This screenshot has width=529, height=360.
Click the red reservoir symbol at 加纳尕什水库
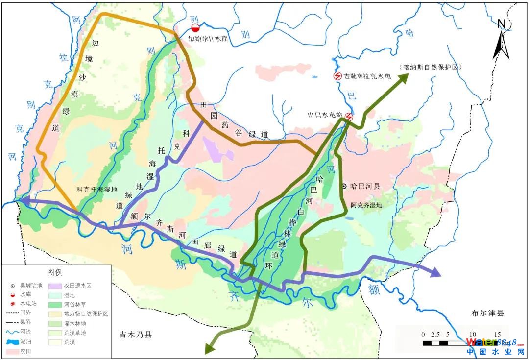click(x=195, y=29)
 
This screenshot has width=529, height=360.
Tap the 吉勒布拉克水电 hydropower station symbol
click(x=337, y=76)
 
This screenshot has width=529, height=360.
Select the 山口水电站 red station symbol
click(x=349, y=117)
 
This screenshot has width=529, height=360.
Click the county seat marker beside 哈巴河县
click(x=345, y=186)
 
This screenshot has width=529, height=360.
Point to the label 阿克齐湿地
click(x=366, y=205)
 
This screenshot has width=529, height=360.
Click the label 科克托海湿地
click(x=97, y=190)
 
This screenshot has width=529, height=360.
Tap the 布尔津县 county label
click(x=487, y=313)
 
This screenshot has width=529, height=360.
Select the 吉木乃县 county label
click(x=136, y=335)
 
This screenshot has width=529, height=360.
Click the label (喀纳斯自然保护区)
click(x=431, y=66)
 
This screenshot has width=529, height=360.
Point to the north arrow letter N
click(x=501, y=24)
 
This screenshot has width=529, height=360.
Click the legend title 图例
click(x=55, y=272)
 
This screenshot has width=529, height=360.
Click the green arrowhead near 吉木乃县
click(x=209, y=348)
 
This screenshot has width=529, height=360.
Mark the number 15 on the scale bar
click(x=497, y=335)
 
